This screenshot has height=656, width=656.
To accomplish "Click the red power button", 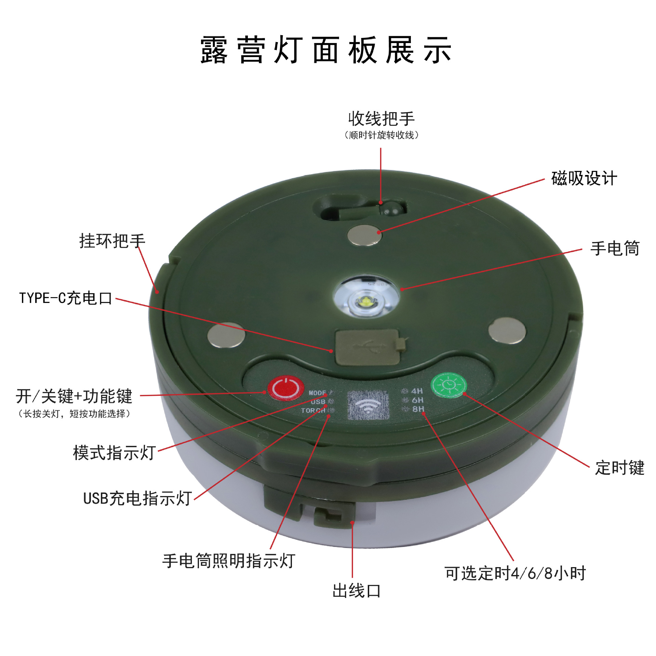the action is [x=286, y=388].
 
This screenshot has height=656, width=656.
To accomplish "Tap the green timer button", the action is [x=449, y=385].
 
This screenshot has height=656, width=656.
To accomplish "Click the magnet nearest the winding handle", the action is [x=364, y=235].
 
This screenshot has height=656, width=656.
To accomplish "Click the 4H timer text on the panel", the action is [x=417, y=391].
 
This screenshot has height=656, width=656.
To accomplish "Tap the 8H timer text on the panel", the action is [x=418, y=409].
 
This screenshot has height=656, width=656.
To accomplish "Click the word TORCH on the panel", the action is [x=313, y=410].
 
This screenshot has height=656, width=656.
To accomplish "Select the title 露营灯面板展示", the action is [x=326, y=50].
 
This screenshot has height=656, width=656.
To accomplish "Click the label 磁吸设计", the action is [x=584, y=178].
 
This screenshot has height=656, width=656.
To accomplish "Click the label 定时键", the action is [x=619, y=467].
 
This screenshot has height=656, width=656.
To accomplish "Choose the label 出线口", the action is [x=357, y=591].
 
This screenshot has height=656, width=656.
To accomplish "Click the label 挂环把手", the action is [x=112, y=241].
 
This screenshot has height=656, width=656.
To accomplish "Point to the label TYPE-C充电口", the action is [x=66, y=298].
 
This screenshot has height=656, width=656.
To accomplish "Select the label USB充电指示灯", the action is [x=137, y=498].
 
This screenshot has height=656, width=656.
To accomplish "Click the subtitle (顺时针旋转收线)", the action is [x=381, y=135].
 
